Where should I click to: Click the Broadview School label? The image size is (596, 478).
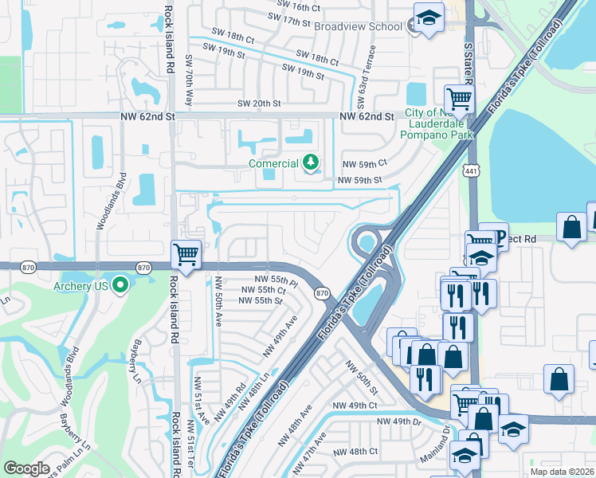tap(358, 26)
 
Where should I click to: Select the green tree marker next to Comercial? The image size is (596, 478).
tap(310, 163)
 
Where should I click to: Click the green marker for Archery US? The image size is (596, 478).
tap(120, 284)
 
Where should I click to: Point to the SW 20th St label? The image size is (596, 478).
tap(259, 104)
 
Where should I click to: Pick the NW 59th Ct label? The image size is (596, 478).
tap(363, 163)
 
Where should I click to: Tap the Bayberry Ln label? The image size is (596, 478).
tap(134, 354)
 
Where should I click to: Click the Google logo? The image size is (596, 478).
tap(27, 468)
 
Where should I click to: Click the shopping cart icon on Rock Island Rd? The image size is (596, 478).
tap(186, 256)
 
